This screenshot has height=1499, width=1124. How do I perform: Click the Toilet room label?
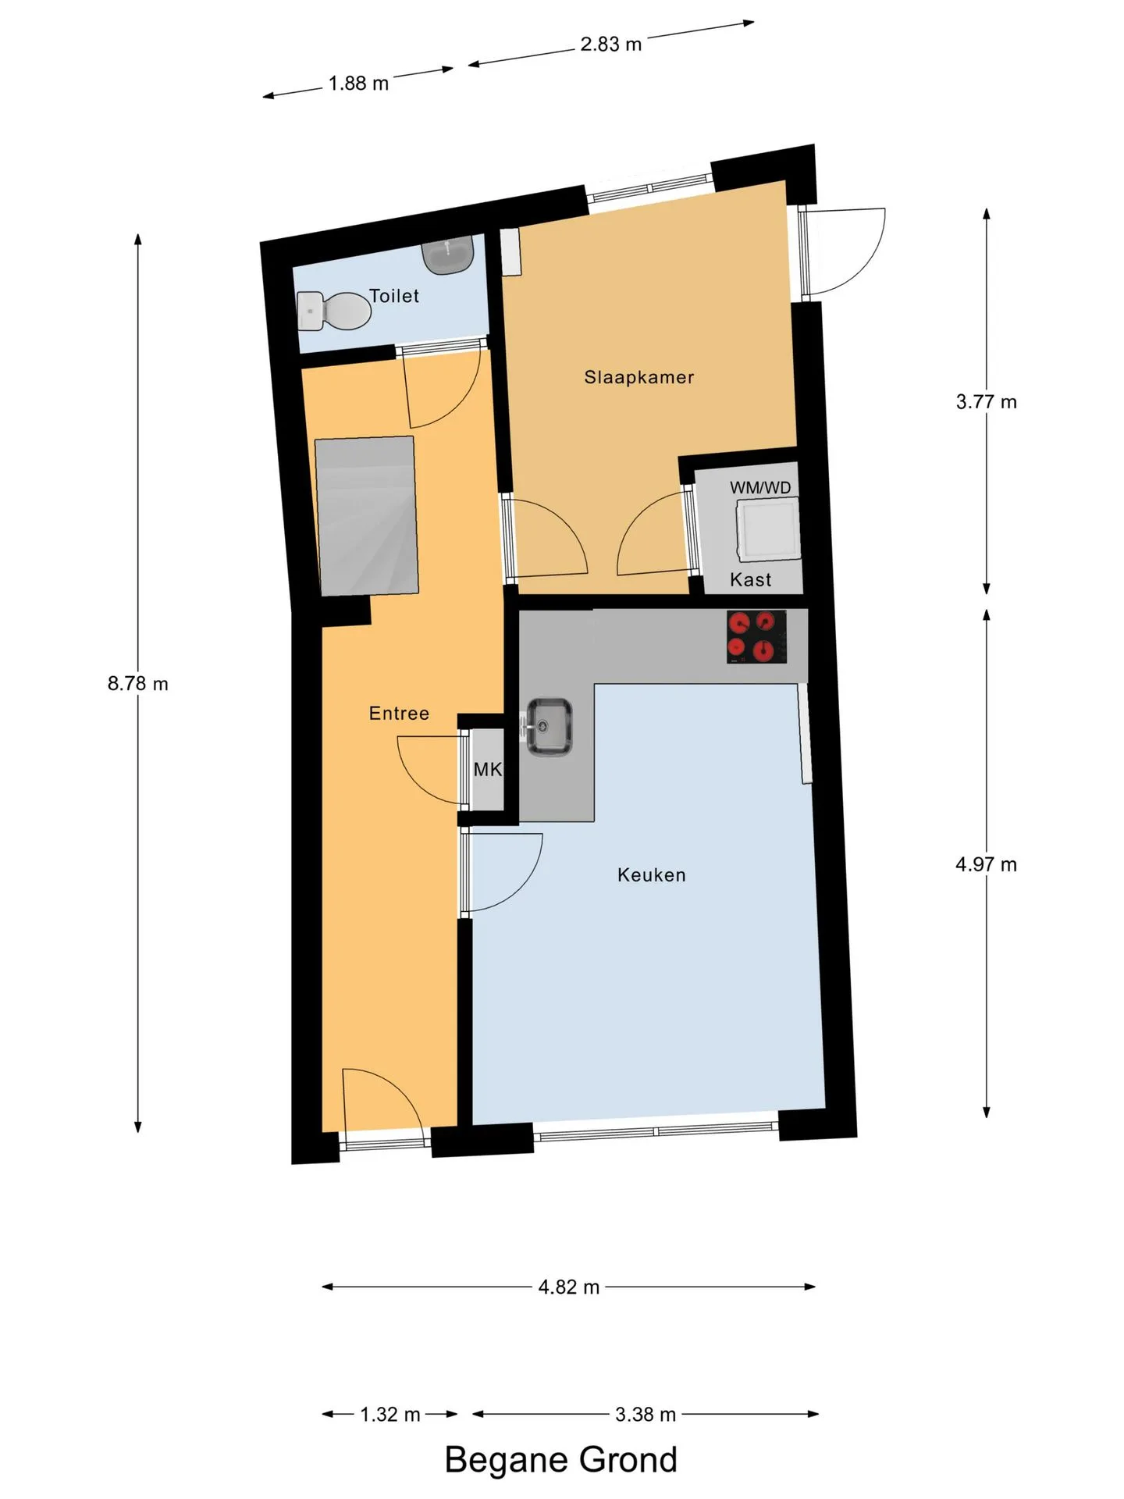click(394, 296)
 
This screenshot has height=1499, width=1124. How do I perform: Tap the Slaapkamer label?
click(639, 377)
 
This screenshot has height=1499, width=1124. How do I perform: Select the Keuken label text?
click(652, 875)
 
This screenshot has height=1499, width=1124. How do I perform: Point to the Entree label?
click(399, 713)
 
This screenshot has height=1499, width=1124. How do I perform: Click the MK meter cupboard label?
click(488, 770)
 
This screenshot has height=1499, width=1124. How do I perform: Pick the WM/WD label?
click(760, 488)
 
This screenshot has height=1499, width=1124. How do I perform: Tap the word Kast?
click(751, 579)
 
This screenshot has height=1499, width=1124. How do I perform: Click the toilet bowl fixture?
click(334, 311)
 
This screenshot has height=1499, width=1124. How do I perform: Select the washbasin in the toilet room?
click(449, 255)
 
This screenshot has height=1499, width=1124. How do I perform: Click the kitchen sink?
click(549, 727)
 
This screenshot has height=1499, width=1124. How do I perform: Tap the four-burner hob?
click(756, 636)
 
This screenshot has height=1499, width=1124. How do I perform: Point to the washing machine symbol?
click(769, 531)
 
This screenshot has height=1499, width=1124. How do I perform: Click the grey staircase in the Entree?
click(366, 516)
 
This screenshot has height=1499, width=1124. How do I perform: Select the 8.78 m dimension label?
click(138, 684)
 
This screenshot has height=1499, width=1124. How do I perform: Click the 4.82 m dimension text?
click(569, 1287)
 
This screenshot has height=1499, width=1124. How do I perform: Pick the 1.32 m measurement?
click(390, 1415)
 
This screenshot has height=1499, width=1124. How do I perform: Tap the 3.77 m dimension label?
click(987, 402)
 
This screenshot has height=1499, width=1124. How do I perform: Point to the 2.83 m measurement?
click(611, 45)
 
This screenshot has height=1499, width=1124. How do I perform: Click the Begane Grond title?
click(561, 1460)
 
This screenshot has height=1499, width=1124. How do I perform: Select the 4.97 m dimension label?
click(987, 865)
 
